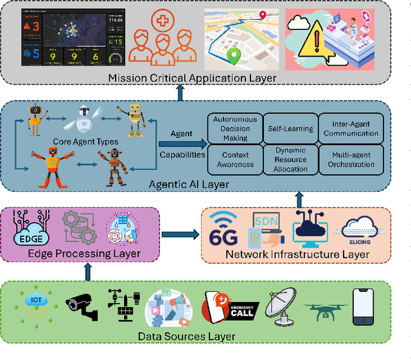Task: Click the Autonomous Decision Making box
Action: [x=236, y=129]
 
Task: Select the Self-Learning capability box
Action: [x=290, y=129]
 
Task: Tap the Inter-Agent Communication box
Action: [x=351, y=129]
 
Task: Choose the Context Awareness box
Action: [x=236, y=159]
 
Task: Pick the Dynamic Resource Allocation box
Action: [x=290, y=159]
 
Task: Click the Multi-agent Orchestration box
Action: [x=351, y=159]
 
